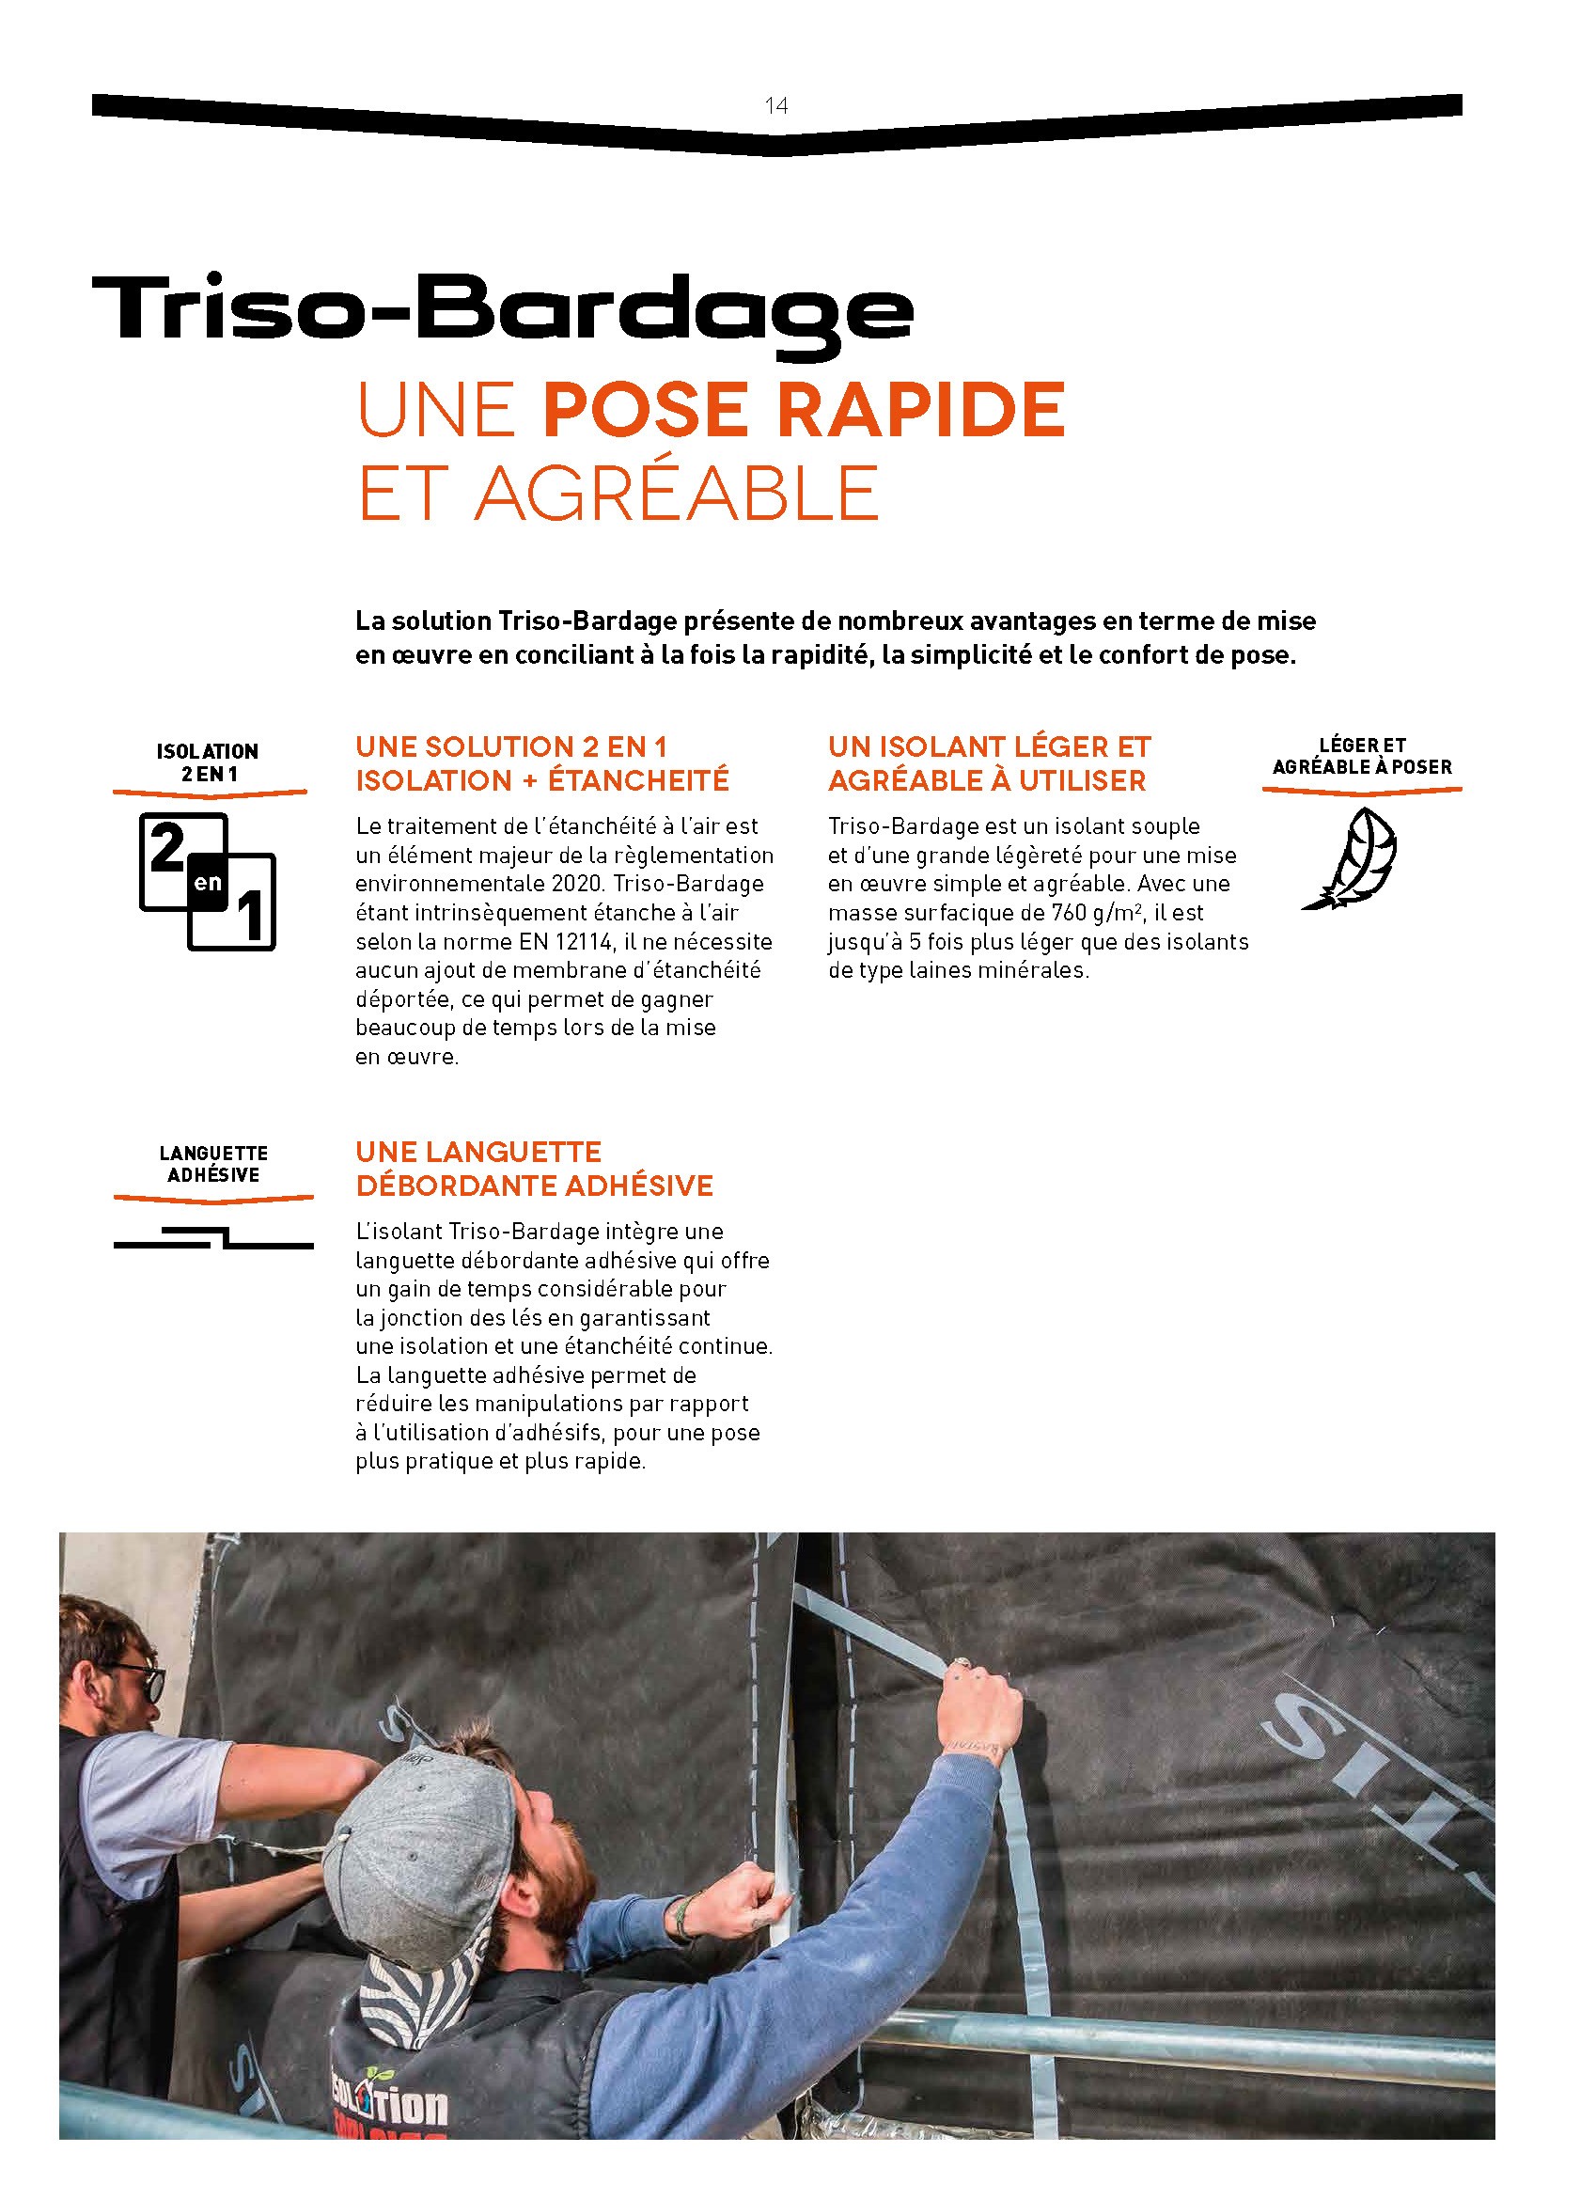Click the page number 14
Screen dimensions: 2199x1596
tap(775, 105)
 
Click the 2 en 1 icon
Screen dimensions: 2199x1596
tap(208, 880)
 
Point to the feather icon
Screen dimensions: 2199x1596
tap(1352, 858)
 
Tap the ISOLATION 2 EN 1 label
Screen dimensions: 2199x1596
tap(208, 762)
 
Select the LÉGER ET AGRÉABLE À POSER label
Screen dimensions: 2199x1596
tap(1361, 756)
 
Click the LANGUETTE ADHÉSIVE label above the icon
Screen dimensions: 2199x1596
tap(213, 1164)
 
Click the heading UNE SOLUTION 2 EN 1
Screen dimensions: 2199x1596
tap(511, 746)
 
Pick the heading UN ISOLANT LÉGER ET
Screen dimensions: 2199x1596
tap(989, 746)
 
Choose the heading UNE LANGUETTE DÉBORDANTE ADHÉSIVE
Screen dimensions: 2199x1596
tap(534, 1169)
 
